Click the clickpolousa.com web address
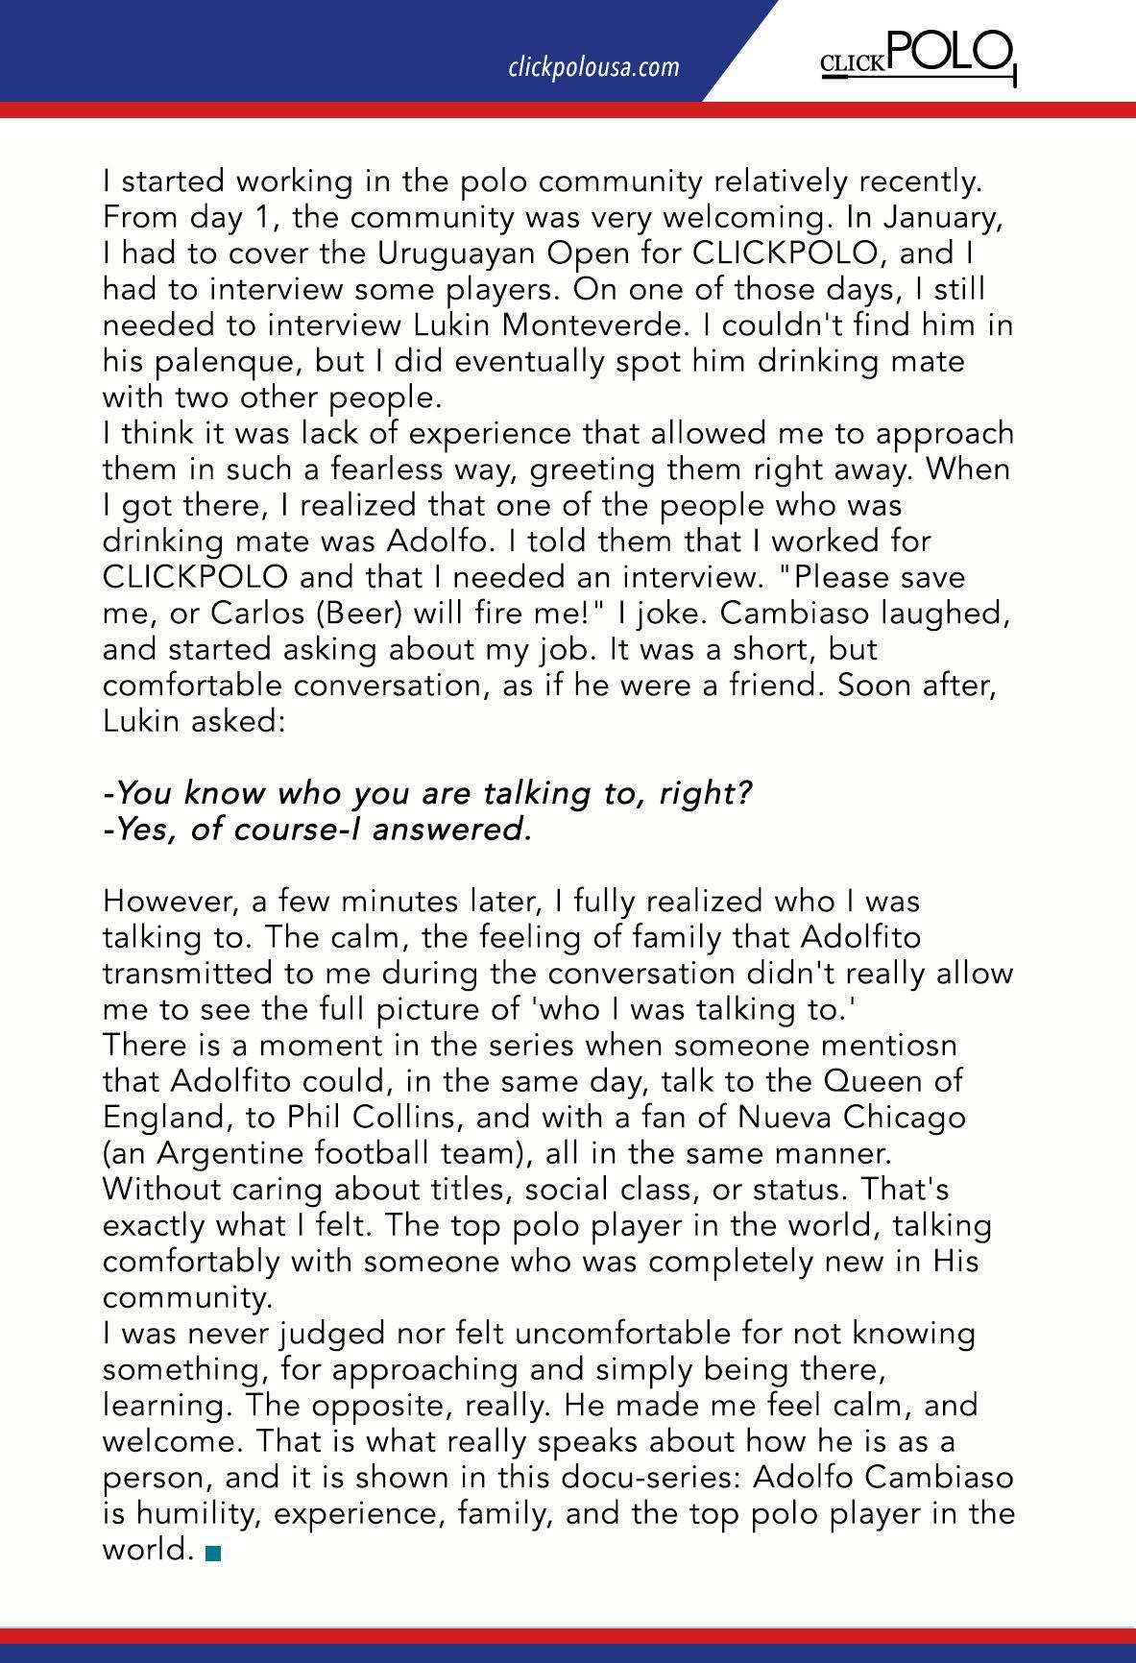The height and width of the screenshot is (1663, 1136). click(593, 67)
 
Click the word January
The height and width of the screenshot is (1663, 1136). click(932, 218)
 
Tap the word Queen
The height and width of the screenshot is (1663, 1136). click(873, 1081)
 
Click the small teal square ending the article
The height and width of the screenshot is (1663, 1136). click(212, 1552)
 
